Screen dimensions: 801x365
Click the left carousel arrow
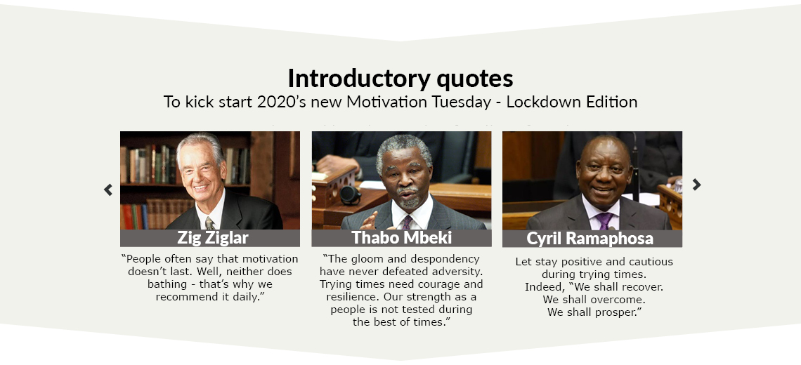(108, 190)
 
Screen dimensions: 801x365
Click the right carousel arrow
(697, 185)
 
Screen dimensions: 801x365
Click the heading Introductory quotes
(400, 78)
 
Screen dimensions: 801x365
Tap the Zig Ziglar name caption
(213, 237)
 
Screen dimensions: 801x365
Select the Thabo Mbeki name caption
(401, 237)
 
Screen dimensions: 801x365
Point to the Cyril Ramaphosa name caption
(590, 239)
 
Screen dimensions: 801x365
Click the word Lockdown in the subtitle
(538, 102)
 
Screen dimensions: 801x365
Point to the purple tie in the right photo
(605, 220)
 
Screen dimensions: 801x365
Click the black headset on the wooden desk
(350, 194)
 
